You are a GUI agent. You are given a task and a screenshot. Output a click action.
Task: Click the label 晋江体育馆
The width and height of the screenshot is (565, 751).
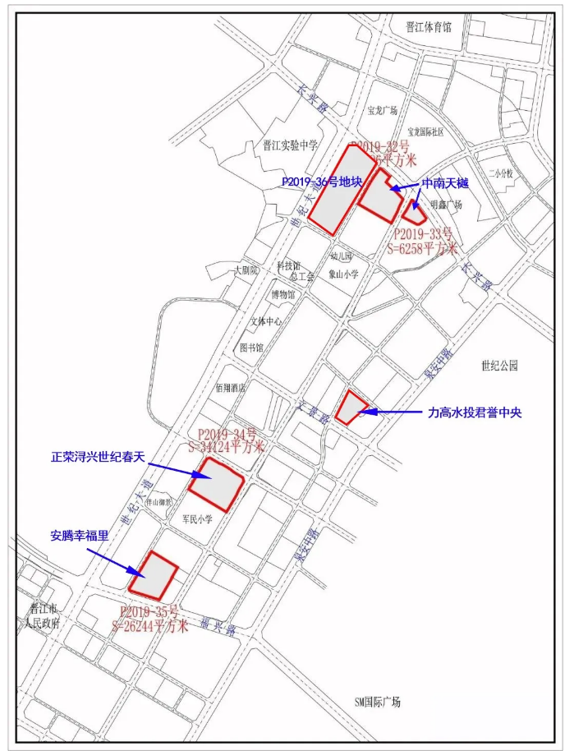(429, 26)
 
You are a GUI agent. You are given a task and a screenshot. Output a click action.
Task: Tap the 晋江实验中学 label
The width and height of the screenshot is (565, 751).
(285, 145)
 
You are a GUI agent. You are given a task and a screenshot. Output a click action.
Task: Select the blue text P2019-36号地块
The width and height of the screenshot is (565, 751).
(321, 182)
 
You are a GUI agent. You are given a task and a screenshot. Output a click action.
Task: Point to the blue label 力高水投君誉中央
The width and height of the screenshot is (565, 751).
(475, 412)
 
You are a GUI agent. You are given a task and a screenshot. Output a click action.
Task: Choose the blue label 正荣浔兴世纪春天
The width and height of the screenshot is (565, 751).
(97, 455)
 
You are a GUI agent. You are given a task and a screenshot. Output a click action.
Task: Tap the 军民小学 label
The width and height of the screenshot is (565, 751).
(197, 519)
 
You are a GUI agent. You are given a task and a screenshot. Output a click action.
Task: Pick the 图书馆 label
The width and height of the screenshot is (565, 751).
(251, 348)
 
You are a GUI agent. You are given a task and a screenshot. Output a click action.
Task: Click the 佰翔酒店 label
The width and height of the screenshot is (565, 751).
(231, 387)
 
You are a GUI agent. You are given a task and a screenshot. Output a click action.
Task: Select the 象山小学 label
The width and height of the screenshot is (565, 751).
(343, 274)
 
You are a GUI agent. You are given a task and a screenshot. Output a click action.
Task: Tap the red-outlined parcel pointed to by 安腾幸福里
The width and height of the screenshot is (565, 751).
(154, 575)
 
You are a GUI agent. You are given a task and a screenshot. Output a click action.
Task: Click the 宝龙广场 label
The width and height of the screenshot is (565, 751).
(383, 110)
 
